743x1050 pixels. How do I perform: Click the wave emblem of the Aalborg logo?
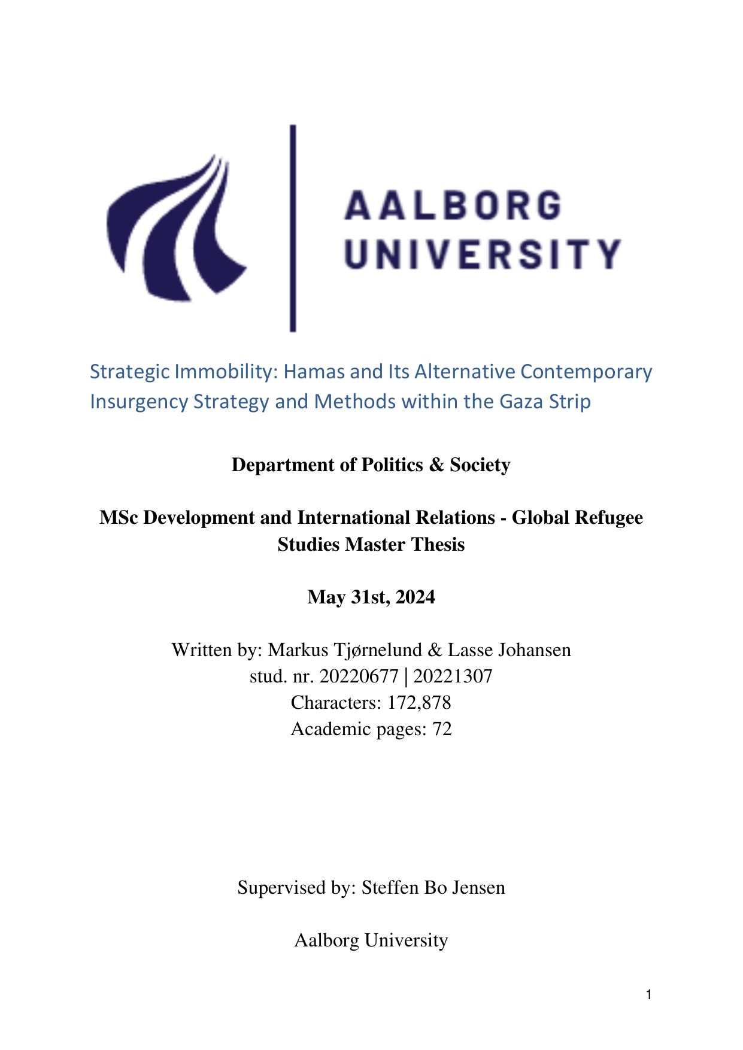(174, 233)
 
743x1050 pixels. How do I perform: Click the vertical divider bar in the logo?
(293, 227)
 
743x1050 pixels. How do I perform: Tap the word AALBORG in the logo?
(453, 205)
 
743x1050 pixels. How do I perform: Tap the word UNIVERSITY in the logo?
(483, 254)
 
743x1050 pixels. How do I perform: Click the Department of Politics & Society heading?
(371, 465)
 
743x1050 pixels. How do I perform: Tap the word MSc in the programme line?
(119, 518)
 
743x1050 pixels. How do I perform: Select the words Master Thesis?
(405, 545)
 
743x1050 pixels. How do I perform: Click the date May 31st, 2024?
(371, 597)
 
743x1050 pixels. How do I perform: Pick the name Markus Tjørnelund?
(344, 650)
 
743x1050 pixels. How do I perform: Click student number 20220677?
(359, 676)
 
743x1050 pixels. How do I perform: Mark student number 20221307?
(453, 676)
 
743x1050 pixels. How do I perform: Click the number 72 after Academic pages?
(442, 729)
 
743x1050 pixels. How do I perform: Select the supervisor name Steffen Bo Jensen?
(433, 887)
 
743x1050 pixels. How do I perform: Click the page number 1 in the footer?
(649, 995)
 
